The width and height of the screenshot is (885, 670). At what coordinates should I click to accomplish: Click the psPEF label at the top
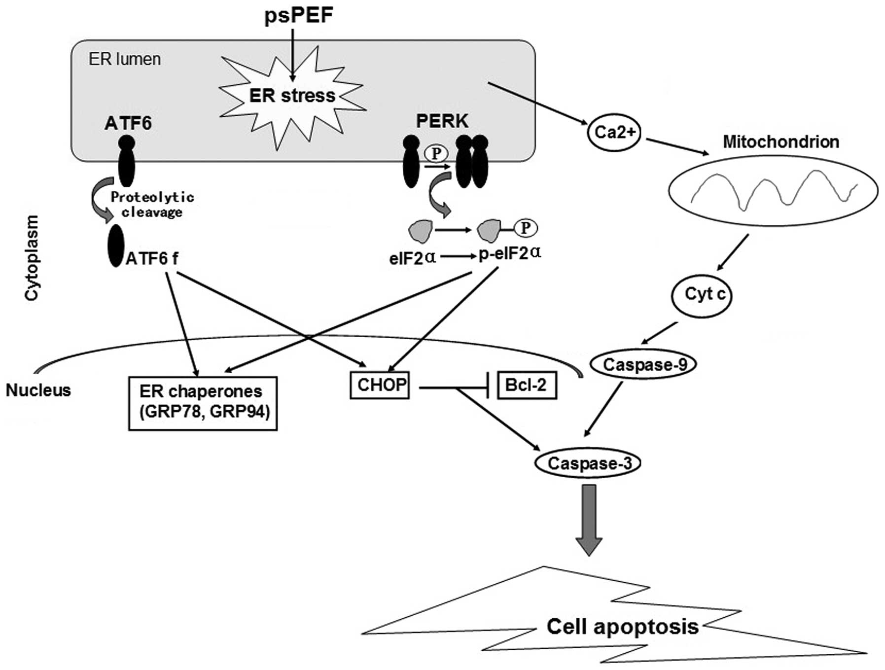pyautogui.click(x=299, y=15)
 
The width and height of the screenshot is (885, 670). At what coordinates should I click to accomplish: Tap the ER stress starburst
pyautogui.click(x=292, y=96)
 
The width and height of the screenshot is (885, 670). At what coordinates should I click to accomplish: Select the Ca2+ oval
pyautogui.click(x=614, y=132)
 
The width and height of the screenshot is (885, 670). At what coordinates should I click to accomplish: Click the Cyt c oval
pyautogui.click(x=702, y=295)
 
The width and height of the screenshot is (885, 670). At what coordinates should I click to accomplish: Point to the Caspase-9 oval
pyautogui.click(x=643, y=364)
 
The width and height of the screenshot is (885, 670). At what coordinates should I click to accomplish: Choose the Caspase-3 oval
pyautogui.click(x=588, y=463)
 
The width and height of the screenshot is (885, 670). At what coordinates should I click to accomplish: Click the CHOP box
pyautogui.click(x=380, y=385)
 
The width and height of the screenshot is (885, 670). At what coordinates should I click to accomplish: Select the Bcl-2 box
pyautogui.click(x=527, y=385)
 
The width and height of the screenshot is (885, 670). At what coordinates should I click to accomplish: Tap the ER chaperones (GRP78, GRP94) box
pyautogui.click(x=203, y=403)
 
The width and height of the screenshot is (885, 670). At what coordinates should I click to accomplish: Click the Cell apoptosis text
pyautogui.click(x=622, y=627)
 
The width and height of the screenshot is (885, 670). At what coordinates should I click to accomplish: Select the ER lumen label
pyautogui.click(x=124, y=59)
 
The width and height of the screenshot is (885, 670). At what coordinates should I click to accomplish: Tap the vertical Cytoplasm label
pyautogui.click(x=32, y=257)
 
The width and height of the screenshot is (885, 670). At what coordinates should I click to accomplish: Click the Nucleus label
pyautogui.click(x=38, y=390)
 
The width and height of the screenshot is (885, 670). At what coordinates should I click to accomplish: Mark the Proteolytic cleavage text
pyautogui.click(x=152, y=205)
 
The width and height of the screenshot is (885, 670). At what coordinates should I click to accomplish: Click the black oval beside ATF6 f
pyautogui.click(x=116, y=246)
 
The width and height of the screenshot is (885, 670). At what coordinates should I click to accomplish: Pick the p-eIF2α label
pyautogui.click(x=510, y=254)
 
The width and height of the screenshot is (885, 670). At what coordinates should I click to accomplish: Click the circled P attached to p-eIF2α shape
pyautogui.click(x=526, y=228)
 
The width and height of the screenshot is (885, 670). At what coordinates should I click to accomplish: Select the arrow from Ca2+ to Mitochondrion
pyautogui.click(x=677, y=147)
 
